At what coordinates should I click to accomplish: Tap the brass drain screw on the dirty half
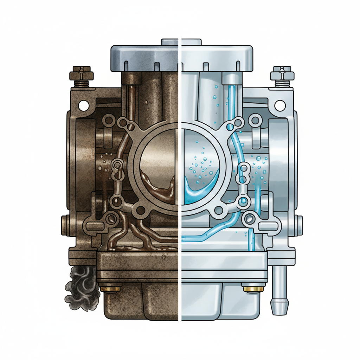[x=110, y=289]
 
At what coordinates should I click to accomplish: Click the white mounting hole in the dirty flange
[x=84, y=104]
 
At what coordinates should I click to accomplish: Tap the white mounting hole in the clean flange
[x=280, y=104]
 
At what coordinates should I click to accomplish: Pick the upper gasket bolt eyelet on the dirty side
[x=123, y=123]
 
